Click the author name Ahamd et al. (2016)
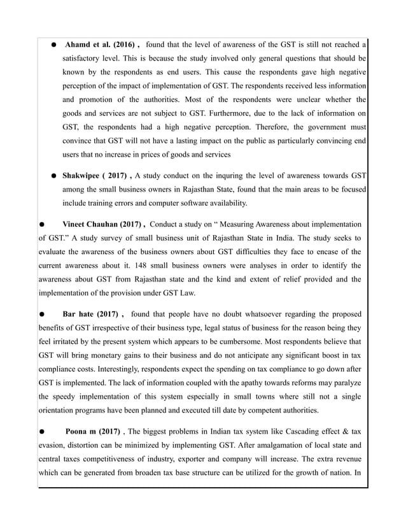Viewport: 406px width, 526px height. pyautogui.click(x=102, y=44)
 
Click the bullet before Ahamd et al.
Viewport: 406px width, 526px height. pyautogui.click(x=55, y=45)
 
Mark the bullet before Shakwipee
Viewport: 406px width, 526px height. pyautogui.click(x=55, y=176)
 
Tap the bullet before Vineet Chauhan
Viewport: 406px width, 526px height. pyautogui.click(x=41, y=225)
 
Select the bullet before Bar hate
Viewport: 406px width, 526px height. pyautogui.click(x=41, y=314)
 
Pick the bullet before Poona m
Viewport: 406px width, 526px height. pyautogui.click(x=41, y=430)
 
